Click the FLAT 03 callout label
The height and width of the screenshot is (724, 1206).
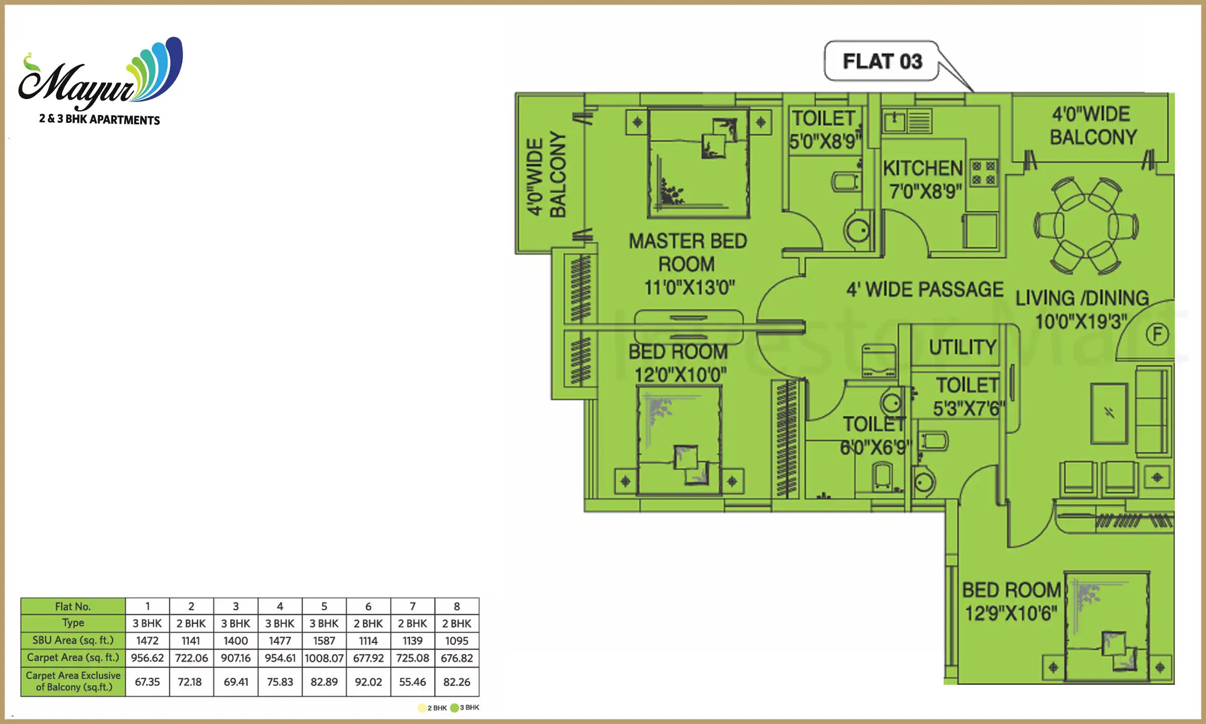(x=882, y=61)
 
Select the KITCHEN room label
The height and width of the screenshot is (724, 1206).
(x=923, y=168)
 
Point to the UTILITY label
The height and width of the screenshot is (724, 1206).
(x=962, y=347)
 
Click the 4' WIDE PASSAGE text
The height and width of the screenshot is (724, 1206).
(x=925, y=290)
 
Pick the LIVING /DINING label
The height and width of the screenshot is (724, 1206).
(x=1082, y=298)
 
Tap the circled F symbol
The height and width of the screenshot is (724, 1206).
(x=1157, y=334)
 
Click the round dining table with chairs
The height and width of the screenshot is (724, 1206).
(x=1086, y=225)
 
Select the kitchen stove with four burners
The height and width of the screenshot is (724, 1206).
(x=983, y=173)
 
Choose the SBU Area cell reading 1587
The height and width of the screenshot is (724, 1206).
(x=324, y=641)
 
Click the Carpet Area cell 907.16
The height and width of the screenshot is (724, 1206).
(x=236, y=658)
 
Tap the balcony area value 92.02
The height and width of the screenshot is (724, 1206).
(x=368, y=682)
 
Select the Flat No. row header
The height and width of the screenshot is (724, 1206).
(x=73, y=606)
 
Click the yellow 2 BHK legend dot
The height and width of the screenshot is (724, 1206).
(x=422, y=708)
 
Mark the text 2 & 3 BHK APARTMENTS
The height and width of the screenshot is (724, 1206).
(x=99, y=120)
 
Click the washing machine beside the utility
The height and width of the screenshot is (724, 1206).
(x=879, y=360)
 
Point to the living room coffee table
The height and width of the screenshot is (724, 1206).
(x=1109, y=413)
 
